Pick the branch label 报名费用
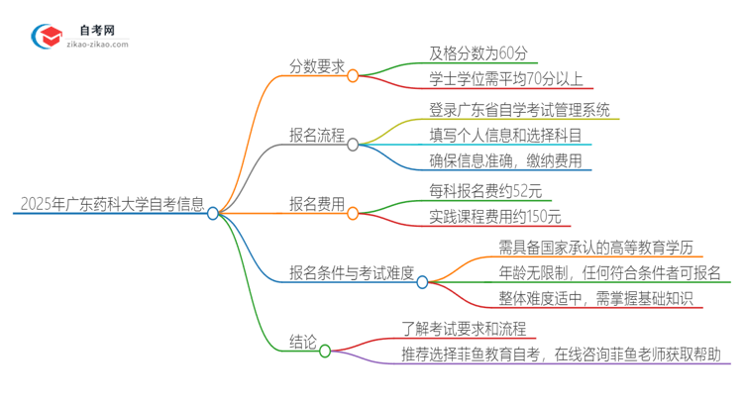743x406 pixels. [317, 205]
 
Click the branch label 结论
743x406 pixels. [303, 344]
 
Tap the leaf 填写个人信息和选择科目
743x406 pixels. [491, 135]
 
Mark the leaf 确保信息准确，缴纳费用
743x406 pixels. [492, 160]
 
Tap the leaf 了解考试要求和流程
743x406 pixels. [463, 328]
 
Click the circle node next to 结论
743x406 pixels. [325, 350]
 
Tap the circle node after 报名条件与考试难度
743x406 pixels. [422, 281]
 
